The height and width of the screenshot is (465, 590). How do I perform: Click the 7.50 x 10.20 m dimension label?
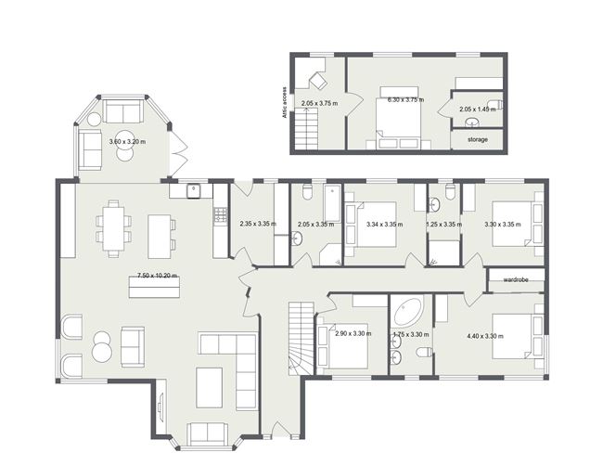click(158, 276)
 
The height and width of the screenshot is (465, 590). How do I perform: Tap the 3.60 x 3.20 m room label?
click(129, 142)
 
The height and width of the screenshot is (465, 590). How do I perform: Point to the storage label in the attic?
click(478, 139)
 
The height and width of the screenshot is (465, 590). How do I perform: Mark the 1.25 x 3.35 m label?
click(445, 224)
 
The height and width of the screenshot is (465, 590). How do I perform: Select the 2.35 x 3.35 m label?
click(259, 224)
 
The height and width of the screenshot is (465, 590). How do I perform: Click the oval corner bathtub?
click(406, 311)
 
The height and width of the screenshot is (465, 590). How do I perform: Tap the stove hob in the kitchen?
click(221, 214)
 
